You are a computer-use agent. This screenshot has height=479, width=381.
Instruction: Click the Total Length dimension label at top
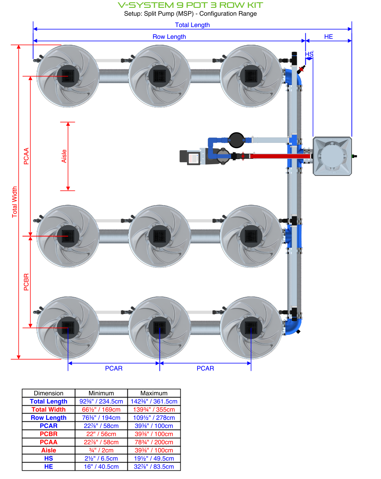(192, 25)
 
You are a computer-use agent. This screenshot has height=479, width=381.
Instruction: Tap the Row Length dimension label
(169, 36)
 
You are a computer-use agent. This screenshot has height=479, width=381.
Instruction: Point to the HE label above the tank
(328, 36)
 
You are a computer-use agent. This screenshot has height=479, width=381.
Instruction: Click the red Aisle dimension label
(64, 156)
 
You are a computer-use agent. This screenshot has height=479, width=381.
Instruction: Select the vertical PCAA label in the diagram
(27, 156)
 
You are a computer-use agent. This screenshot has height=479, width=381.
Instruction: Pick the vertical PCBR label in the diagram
(27, 282)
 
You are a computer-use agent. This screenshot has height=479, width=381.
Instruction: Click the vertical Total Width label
(15, 202)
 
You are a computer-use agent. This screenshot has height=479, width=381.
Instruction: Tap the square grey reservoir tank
(332, 156)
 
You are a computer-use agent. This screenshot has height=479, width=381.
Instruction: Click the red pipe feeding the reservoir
(274, 156)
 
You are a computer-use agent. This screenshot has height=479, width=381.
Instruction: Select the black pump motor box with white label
(190, 156)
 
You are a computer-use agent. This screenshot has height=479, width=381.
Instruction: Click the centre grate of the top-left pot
(68, 76)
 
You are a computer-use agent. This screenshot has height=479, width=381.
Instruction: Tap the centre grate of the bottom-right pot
(251, 328)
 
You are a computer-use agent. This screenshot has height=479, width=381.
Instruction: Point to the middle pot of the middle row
(160, 236)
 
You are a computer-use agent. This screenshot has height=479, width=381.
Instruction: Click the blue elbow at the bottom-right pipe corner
(294, 327)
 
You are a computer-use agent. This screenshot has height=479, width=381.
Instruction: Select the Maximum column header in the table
(154, 393)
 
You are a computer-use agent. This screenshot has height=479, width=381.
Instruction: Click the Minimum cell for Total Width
(101, 409)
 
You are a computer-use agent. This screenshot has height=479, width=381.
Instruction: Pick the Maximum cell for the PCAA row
(154, 442)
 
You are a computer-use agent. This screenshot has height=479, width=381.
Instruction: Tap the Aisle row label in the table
(49, 450)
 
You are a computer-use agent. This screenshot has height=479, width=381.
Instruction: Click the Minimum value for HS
(101, 458)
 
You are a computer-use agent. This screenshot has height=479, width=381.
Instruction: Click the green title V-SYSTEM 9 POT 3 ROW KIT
(190, 5)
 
